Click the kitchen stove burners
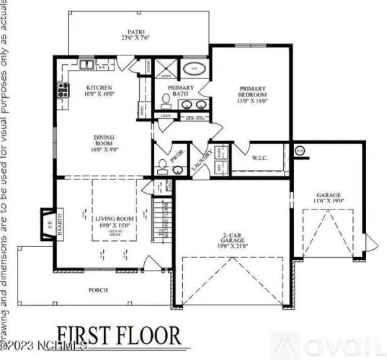[63, 91]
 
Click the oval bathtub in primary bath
[193, 69]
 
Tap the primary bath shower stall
[165, 70]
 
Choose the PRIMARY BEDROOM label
[253, 95]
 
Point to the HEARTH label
[60, 219]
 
